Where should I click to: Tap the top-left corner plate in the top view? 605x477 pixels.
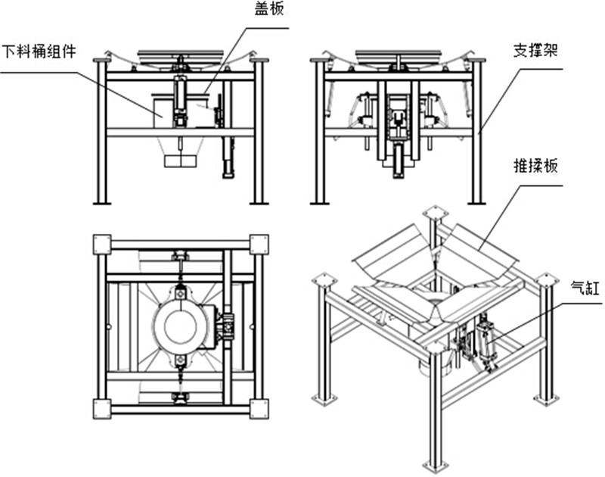pyautogui.click(x=101, y=245)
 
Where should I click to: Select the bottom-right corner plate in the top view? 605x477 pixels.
pyautogui.click(x=259, y=409)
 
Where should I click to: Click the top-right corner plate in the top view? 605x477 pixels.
pyautogui.click(x=259, y=245)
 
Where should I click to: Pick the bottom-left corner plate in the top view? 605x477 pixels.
pyautogui.click(x=101, y=409)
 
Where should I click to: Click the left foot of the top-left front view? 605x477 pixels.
pyautogui.click(x=102, y=202)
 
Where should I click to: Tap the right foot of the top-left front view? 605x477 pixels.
pyautogui.click(x=259, y=202)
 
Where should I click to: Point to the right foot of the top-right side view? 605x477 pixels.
pyautogui.click(x=476, y=202)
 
